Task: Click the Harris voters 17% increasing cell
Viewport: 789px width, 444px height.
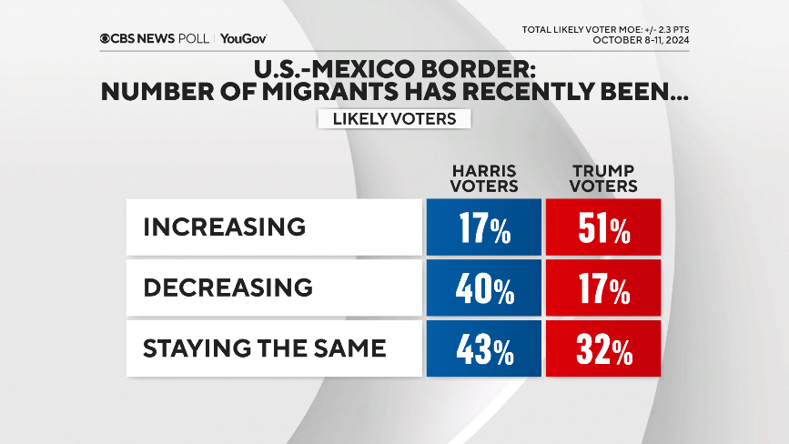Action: pos(483,227)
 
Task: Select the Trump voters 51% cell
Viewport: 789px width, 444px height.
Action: pos(602,227)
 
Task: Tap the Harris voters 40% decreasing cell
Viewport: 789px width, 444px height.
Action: pos(483,288)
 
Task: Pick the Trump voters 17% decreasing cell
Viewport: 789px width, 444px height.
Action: pos(602,288)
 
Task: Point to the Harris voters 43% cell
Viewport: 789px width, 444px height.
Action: pos(483,348)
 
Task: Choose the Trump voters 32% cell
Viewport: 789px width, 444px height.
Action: pos(602,348)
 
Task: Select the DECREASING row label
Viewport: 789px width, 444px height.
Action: pos(228,288)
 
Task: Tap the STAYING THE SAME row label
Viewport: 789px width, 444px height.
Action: pos(264,348)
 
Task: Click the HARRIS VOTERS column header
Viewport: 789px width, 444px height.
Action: pos(485,179)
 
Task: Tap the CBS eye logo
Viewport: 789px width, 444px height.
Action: pos(106,38)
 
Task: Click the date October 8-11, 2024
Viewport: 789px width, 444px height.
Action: pos(640,40)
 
